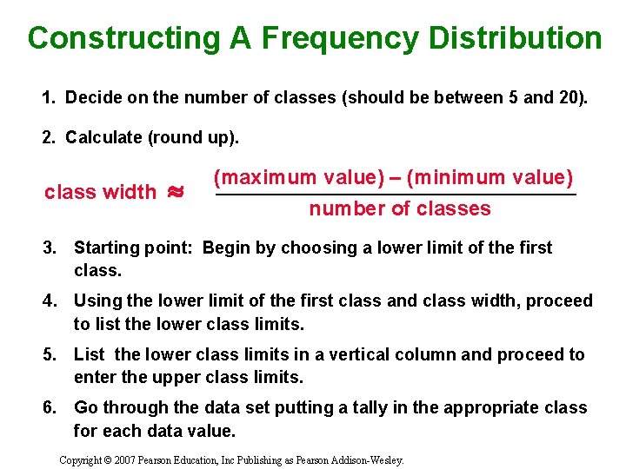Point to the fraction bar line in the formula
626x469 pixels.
point(396,195)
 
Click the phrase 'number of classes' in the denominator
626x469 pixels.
point(400,208)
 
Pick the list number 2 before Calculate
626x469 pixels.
point(47,137)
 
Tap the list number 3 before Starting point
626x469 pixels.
point(50,248)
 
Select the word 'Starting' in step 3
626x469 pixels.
point(106,248)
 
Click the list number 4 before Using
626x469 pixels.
point(50,301)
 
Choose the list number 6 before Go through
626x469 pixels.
point(50,408)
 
